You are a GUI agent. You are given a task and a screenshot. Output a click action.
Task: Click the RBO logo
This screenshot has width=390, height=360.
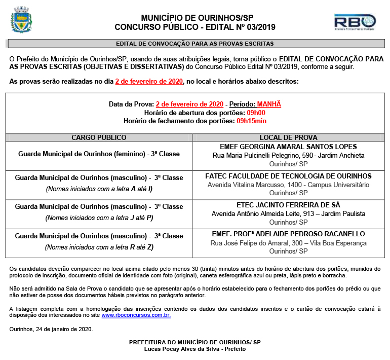click(x=355, y=22)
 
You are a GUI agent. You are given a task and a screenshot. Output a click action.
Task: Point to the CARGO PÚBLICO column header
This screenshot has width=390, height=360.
click(x=99, y=137)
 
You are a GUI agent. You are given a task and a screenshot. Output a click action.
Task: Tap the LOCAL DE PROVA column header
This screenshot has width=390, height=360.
click(x=288, y=137)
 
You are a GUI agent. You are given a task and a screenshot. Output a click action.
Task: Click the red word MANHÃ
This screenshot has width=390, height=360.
click(x=268, y=104)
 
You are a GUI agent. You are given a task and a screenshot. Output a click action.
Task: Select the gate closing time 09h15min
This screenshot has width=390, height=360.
click(x=251, y=121)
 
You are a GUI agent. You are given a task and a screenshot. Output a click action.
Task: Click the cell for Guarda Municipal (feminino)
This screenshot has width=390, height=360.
click(x=99, y=154)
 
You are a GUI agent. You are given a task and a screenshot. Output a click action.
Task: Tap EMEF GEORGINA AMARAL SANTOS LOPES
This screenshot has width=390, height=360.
click(x=288, y=147)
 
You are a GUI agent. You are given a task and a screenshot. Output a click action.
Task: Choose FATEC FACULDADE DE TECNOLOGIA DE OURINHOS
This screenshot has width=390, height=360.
click(x=288, y=176)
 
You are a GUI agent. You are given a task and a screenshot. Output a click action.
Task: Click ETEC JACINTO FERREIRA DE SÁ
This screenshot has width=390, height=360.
click(x=288, y=205)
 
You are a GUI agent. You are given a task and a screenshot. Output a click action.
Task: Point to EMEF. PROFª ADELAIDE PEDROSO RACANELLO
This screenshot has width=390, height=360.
click(x=288, y=234)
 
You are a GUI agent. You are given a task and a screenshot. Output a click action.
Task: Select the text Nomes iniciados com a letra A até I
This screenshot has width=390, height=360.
click(x=99, y=189)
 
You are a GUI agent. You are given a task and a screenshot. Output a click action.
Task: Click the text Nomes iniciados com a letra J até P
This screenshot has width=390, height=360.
click(x=99, y=218)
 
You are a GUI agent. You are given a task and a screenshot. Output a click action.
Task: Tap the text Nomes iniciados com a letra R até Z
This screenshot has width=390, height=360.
click(x=99, y=247)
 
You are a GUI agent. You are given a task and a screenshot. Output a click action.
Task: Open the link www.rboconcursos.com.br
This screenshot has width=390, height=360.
click(x=136, y=315)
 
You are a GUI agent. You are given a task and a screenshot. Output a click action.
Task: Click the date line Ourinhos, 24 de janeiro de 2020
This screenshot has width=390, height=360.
click(x=51, y=329)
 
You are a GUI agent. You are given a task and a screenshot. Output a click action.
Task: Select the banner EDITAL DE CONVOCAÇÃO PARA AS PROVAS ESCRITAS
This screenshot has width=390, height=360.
click(x=195, y=44)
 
